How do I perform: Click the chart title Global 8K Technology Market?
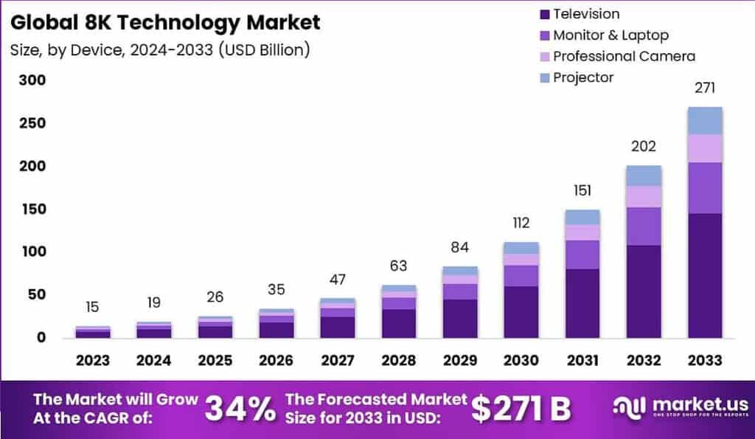tap(166, 22)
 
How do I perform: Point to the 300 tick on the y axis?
tap(32, 80)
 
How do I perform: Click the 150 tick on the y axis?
tap(32, 209)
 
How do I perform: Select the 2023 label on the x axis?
tap(92, 361)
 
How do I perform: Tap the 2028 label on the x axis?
tap(399, 361)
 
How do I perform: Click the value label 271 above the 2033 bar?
tap(705, 89)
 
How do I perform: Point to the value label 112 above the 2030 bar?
tap(521, 223)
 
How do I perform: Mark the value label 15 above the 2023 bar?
tap(92, 307)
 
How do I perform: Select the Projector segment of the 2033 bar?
tap(705, 120)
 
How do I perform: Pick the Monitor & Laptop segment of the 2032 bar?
tap(644, 226)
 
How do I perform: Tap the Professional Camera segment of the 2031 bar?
tap(582, 232)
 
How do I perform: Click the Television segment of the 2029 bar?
tap(460, 319)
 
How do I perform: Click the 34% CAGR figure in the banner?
tap(240, 409)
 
